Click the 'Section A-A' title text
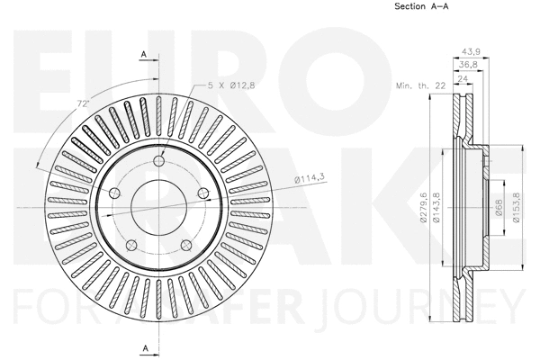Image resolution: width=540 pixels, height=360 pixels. (422, 8)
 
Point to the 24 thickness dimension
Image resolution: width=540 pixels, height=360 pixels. (462, 78)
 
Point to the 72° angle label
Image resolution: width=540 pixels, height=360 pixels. (83, 105)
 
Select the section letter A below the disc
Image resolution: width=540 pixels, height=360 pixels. (143, 347)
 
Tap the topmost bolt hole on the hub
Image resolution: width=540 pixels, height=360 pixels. (158, 161)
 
